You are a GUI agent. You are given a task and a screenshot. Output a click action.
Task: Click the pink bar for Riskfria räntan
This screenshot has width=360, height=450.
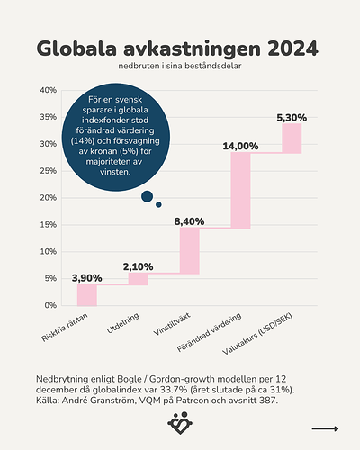pos(86,295)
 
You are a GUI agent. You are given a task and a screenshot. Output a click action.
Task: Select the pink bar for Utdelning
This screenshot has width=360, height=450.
pos(138,279)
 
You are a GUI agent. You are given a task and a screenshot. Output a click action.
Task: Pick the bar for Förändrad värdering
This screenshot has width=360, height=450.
pos(240,190)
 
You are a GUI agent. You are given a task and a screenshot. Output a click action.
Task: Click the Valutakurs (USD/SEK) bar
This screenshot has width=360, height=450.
pos(292,138)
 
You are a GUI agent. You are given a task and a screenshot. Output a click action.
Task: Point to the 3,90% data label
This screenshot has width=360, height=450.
pos(86,277)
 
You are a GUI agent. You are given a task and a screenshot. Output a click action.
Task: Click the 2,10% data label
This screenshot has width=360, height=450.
pos(138,266)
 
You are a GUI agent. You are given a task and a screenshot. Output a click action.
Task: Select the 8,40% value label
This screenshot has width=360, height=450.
pos(189,220)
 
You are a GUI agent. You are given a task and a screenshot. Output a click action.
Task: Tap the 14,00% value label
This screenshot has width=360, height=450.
pos(240,146)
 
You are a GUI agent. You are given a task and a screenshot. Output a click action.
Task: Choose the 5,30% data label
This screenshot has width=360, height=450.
pos(292,117)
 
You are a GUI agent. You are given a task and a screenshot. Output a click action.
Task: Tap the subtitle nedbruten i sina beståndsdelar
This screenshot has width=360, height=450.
pos(180,68)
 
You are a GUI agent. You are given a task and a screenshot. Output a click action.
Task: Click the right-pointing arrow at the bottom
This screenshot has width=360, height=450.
pos(324,429)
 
